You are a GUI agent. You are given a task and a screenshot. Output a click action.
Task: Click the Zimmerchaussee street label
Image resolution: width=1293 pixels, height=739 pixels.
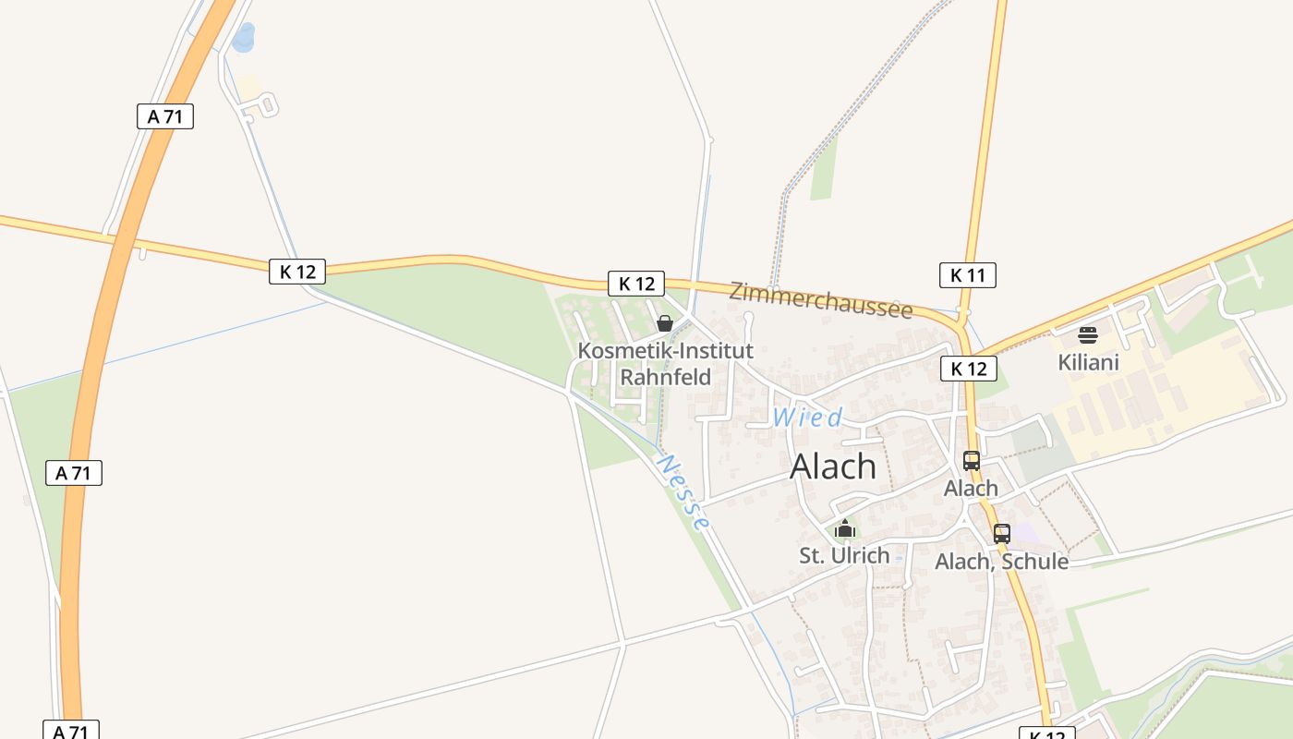point(820,299)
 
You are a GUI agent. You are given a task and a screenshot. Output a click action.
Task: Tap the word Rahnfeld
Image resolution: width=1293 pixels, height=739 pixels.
point(665,377)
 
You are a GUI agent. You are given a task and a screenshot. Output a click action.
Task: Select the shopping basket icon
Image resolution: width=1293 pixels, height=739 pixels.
point(664,323)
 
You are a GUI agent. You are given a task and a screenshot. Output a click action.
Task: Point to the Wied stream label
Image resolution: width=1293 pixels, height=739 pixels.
point(807,418)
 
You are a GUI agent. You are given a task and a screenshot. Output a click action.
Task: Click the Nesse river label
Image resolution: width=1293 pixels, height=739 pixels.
point(684,491)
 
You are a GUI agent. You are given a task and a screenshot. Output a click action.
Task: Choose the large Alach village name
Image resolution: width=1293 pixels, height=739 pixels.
point(833,466)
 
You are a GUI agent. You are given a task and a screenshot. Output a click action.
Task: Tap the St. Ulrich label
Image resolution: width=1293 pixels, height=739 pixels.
point(844,555)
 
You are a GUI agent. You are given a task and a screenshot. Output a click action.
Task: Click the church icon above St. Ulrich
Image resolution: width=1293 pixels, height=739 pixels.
point(844,529)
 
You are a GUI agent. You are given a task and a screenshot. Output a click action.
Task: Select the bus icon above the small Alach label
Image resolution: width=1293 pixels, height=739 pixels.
point(971,460)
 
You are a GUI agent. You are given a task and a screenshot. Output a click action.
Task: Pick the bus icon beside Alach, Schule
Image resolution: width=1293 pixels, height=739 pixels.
point(1002,533)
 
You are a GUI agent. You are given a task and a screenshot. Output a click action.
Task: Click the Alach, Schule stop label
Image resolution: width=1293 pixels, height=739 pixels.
point(1001,561)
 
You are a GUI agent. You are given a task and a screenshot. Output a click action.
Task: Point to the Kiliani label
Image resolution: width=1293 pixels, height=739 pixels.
point(1088,362)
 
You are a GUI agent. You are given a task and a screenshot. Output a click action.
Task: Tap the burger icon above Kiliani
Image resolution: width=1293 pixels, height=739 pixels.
point(1088,334)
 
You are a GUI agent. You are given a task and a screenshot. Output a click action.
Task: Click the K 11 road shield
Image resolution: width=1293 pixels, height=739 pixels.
point(968,274)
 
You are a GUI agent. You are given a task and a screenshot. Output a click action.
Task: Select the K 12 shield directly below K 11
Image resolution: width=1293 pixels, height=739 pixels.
point(968,369)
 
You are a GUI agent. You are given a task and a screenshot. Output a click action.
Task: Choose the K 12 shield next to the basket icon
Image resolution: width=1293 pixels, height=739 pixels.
point(636,284)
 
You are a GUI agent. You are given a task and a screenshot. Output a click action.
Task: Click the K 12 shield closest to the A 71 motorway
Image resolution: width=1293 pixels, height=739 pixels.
point(297,272)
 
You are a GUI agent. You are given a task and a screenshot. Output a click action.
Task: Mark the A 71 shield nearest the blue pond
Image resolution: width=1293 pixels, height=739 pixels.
point(165,116)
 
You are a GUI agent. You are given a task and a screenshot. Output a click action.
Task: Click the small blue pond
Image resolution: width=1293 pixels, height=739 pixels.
point(245,38)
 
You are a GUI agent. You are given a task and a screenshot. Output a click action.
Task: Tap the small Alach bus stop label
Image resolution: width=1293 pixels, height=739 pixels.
point(971,488)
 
